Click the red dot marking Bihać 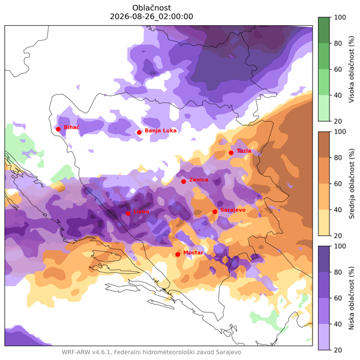58,129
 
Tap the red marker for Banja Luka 139,133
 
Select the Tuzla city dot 231,153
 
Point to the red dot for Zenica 184,182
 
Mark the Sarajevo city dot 215,212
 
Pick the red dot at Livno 128,214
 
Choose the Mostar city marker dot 178,254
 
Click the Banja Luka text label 161,131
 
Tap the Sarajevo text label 233,210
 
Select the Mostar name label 193,253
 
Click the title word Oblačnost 152,8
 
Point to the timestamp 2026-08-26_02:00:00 152,17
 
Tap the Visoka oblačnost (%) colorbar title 352,69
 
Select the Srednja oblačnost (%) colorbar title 352,184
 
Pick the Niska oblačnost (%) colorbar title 352,298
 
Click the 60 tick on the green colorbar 338,70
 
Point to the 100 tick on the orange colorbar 340,132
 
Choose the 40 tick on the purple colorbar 338,324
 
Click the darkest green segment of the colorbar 324,30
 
